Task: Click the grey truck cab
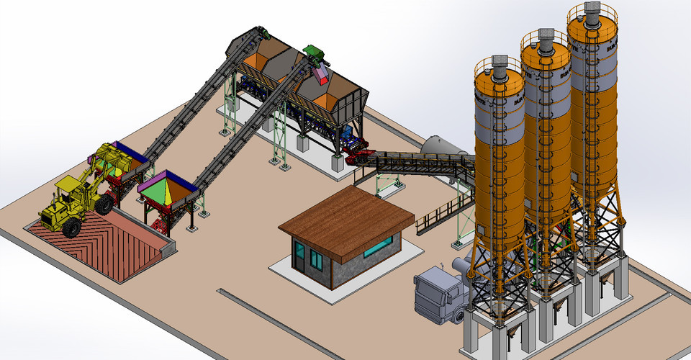[436, 292]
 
